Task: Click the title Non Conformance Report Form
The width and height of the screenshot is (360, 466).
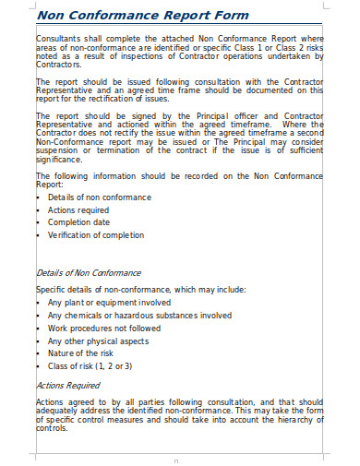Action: pyautogui.click(x=142, y=16)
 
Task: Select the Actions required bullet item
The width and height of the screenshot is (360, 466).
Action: pyautogui.click(x=79, y=209)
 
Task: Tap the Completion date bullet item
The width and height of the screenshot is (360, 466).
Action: pyautogui.click(x=80, y=221)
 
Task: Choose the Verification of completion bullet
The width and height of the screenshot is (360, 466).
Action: pyautogui.click(x=96, y=234)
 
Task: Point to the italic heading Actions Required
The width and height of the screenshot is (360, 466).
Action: pyautogui.click(x=67, y=385)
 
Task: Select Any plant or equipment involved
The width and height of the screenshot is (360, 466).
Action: pyautogui.click(x=109, y=302)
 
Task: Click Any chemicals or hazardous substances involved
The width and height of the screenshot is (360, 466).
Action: pyautogui.click(x=139, y=315)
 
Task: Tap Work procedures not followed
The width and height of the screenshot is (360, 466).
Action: pyautogui.click(x=104, y=328)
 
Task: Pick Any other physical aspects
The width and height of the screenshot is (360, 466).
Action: pyautogui.click(x=97, y=341)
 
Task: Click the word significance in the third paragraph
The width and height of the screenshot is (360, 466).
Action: pyautogui.click(x=59, y=159)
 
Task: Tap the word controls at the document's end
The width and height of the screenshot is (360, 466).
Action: pyautogui.click(x=52, y=428)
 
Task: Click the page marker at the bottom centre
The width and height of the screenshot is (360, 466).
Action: pyautogui.click(x=176, y=459)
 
